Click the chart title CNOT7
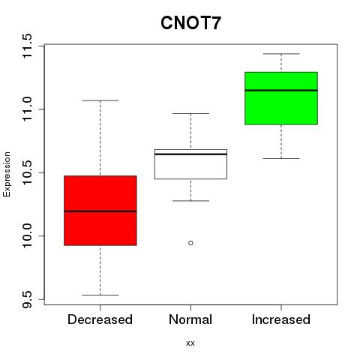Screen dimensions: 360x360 pyautogui.click(x=190, y=23)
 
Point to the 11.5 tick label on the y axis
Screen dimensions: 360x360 pyautogui.click(x=28, y=46)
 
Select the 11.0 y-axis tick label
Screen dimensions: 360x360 pyautogui.click(x=28, y=109)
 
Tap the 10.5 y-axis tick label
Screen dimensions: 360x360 pyautogui.click(x=28, y=172)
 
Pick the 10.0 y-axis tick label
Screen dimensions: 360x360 pyautogui.click(x=28, y=235)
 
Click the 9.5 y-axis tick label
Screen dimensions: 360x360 pyautogui.click(x=28, y=299)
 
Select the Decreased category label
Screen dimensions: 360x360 pyautogui.click(x=100, y=319)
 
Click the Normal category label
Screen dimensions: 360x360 pyautogui.click(x=190, y=319)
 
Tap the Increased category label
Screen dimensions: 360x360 pyautogui.click(x=281, y=319)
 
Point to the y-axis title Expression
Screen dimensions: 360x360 pyautogui.click(x=7, y=174)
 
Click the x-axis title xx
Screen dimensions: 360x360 pyautogui.click(x=190, y=343)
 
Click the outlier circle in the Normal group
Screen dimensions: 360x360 pyautogui.click(x=190, y=243)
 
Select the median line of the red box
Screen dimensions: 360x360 pyautogui.click(x=100, y=211)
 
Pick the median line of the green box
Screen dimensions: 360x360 pyautogui.click(x=281, y=90)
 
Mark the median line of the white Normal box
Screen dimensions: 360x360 pyautogui.click(x=190, y=154)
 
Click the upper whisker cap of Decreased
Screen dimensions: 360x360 pyautogui.click(x=100, y=100)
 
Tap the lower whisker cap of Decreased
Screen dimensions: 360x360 pyautogui.click(x=100, y=295)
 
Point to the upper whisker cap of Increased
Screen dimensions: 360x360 pyautogui.click(x=281, y=54)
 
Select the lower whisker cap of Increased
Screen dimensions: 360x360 pyautogui.click(x=281, y=158)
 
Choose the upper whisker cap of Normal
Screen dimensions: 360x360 pyautogui.click(x=190, y=113)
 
